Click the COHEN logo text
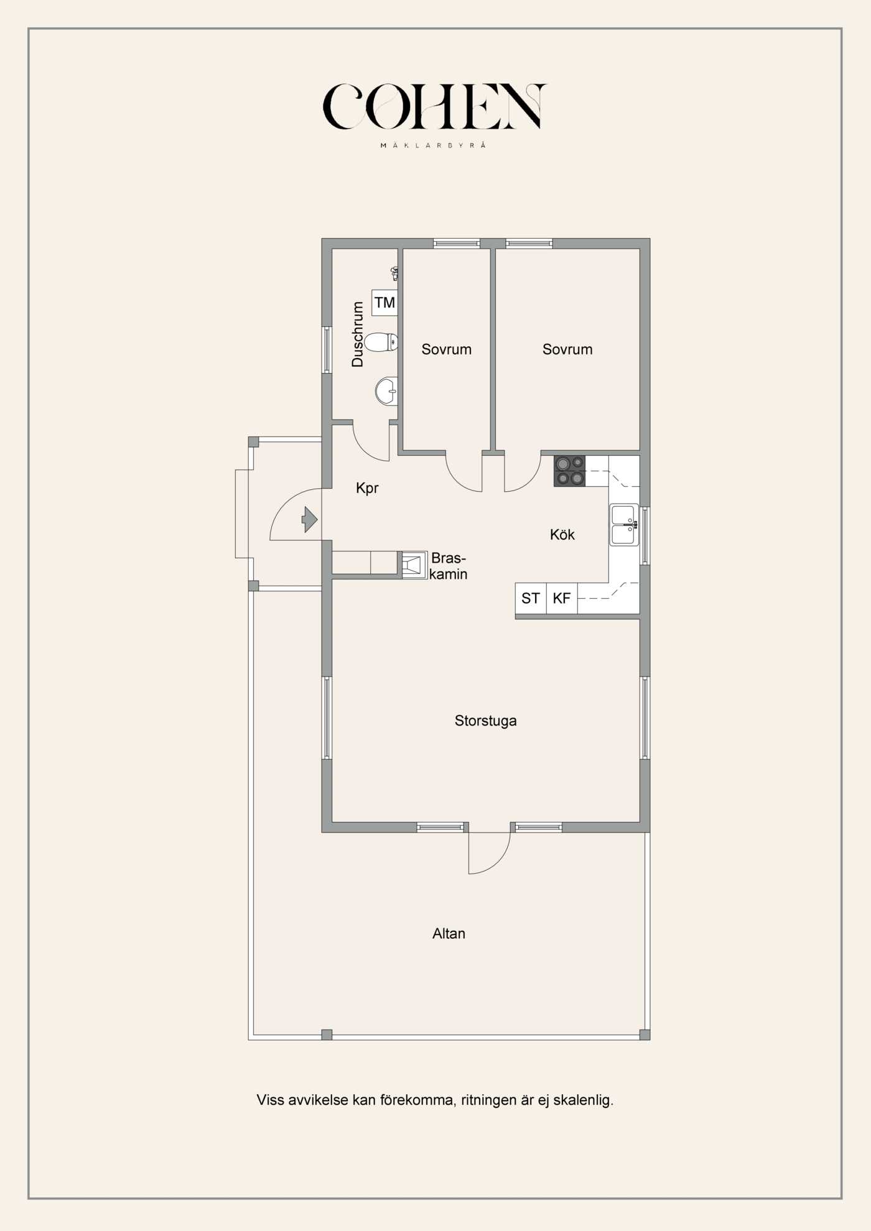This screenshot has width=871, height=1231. click(x=434, y=106)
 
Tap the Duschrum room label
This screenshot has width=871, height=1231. click(x=357, y=334)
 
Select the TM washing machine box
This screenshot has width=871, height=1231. click(x=384, y=302)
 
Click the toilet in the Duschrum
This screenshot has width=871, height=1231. click(x=381, y=342)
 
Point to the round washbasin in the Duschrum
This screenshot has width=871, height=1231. click(x=386, y=391)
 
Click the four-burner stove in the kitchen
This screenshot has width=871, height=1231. click(x=569, y=471)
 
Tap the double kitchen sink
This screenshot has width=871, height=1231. click(x=624, y=525)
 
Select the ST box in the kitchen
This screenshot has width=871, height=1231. click(x=531, y=598)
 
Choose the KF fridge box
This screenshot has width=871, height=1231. click(x=562, y=598)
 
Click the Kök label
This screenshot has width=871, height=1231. click(x=562, y=535)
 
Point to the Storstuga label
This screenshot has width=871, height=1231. click(x=485, y=721)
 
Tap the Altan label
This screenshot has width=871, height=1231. click(x=449, y=933)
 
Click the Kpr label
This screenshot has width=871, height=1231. click(x=367, y=488)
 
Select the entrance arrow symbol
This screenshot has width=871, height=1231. click(x=310, y=520)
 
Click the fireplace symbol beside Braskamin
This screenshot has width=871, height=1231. click(x=414, y=565)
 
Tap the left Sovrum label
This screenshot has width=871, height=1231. click(x=446, y=349)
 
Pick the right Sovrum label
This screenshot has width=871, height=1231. click(x=567, y=349)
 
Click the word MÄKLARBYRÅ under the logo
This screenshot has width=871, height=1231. click(x=433, y=145)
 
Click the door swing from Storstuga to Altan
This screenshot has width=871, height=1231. click(x=498, y=861)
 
